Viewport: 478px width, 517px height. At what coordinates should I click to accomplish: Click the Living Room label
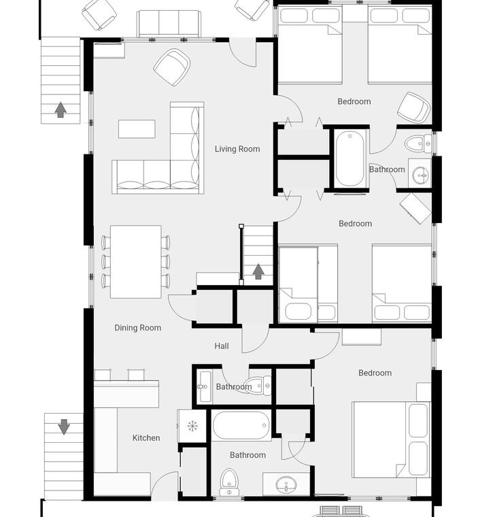tap(237, 149)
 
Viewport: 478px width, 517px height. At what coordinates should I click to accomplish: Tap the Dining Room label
tap(138, 328)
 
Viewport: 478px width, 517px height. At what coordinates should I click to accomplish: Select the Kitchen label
tap(146, 438)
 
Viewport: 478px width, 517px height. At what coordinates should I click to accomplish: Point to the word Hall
tap(222, 346)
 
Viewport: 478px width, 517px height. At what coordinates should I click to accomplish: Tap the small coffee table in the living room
tap(137, 129)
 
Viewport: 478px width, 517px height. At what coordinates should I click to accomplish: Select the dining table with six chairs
tap(136, 262)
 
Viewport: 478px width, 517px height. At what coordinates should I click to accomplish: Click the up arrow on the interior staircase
tap(258, 271)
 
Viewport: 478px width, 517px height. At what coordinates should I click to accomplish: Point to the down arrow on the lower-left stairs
tap(64, 427)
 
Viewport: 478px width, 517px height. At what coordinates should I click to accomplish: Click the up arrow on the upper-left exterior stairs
tap(61, 110)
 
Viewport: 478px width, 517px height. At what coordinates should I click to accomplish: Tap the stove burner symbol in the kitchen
tap(192, 426)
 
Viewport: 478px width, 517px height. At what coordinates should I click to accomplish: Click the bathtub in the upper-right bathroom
tap(349, 159)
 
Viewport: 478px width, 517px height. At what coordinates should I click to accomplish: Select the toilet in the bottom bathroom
tap(228, 482)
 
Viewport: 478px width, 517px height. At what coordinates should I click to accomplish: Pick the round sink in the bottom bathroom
tap(286, 484)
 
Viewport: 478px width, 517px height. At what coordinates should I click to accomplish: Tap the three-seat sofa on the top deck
tap(169, 24)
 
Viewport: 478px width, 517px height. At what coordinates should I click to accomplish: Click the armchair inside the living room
tap(172, 67)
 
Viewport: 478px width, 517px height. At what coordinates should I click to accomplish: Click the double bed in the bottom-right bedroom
tap(391, 439)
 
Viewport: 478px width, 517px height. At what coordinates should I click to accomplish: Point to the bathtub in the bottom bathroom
tap(241, 425)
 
